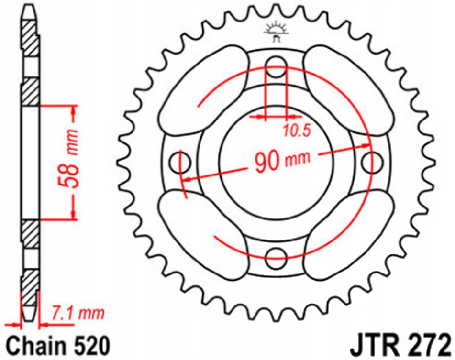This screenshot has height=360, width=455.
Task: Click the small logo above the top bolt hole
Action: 276,33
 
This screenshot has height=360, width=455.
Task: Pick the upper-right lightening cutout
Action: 349,91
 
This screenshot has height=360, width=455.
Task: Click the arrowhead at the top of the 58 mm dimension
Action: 73,111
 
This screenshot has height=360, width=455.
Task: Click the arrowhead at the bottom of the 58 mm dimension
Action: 73,214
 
